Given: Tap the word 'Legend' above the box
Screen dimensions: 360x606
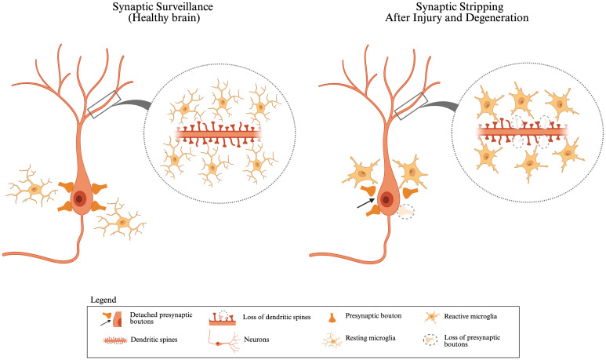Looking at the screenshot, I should (x=102, y=300).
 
